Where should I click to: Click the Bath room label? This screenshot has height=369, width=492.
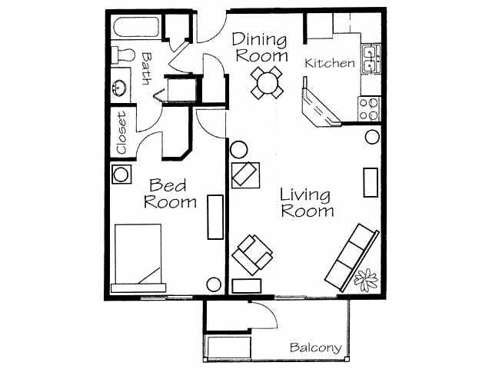146,68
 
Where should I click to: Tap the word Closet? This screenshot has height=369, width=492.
121,132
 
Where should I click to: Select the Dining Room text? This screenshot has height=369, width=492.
260,47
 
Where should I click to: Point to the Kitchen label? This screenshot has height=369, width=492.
331,63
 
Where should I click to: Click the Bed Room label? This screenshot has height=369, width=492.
171,194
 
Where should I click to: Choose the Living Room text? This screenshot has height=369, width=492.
307,202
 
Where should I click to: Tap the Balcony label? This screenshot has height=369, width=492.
315,348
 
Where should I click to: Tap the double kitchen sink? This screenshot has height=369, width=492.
371,59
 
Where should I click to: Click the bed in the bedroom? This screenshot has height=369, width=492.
138,258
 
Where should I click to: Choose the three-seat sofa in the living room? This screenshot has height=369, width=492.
351,255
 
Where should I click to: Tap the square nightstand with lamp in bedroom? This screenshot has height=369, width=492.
121,174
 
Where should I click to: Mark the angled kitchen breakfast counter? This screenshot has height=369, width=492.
321,107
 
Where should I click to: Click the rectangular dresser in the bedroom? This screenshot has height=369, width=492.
215,218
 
